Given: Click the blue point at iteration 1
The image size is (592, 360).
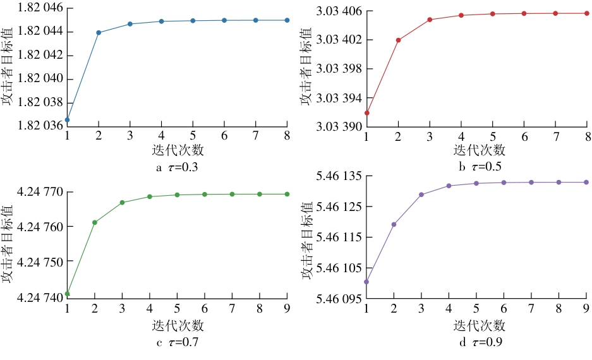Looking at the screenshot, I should point(67,119).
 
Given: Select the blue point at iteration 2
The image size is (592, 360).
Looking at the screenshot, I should point(99,32).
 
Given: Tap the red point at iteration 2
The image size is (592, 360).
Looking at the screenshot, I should point(398,40).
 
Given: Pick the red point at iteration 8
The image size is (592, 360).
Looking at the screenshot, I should point(587,13).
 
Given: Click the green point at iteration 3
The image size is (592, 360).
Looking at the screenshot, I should point(122,203).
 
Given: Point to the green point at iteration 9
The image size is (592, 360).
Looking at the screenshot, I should point(287,194).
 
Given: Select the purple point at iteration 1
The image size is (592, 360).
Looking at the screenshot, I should point(366,282).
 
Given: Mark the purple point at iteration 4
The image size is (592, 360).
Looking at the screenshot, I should point(449,186).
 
